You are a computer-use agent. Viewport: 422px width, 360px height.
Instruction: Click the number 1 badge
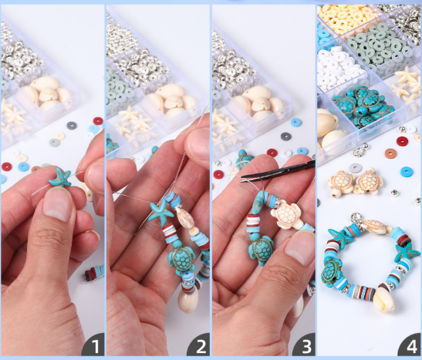93,345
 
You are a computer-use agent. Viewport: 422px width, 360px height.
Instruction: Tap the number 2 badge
199,345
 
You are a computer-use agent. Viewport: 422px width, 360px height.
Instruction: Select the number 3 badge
305,345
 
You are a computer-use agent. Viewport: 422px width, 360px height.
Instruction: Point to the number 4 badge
410,345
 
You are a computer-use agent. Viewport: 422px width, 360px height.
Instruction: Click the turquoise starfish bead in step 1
60,177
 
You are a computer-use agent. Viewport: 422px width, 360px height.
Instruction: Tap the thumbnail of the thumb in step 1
56,205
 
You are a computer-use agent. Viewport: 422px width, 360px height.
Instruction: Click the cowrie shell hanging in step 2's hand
189,299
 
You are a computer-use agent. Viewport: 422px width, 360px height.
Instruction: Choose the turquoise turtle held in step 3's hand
260,250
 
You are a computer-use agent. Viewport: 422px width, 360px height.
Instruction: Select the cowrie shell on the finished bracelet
384,299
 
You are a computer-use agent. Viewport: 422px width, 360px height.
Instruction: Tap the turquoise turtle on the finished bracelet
332,272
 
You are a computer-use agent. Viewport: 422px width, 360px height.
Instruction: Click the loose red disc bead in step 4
402,141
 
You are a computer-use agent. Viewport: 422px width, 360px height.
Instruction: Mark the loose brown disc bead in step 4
391,154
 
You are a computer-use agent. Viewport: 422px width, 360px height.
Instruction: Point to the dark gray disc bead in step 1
72,125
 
